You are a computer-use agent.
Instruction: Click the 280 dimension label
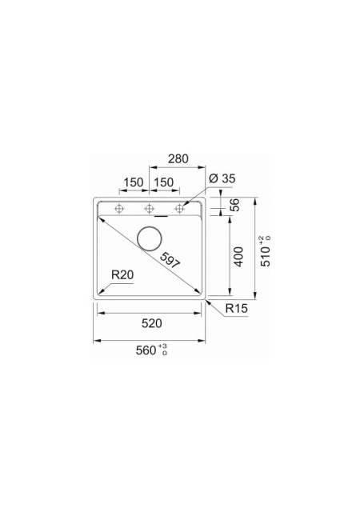(178, 158)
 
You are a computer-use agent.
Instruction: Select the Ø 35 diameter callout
(222, 178)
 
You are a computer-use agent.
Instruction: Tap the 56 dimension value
(234, 205)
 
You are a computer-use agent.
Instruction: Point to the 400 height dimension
(239, 257)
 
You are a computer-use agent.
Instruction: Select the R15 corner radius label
(236, 308)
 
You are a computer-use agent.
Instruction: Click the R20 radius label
(122, 275)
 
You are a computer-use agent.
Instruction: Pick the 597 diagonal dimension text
(170, 261)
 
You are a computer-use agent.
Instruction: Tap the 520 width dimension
(151, 323)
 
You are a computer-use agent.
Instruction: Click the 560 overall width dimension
(146, 350)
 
